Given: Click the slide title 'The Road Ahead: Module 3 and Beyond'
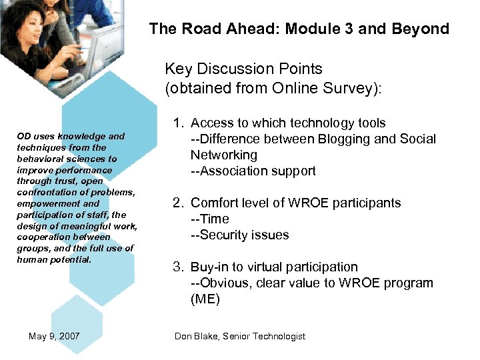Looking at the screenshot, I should [299, 29].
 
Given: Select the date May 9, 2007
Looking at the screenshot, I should [54, 336].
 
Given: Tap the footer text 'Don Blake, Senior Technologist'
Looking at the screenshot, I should [240, 336].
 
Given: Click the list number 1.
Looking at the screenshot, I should [178, 123].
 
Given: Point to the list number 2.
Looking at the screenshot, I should [178, 203].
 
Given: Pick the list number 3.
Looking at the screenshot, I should [178, 267].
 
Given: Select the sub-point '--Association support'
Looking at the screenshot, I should [253, 171].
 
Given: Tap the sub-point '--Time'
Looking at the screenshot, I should [209, 219].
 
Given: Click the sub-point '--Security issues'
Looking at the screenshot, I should [239, 235].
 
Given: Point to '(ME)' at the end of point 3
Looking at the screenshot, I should [205, 299].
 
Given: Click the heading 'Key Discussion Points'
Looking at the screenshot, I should [243, 69].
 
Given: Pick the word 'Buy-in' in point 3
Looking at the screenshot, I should [209, 267].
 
